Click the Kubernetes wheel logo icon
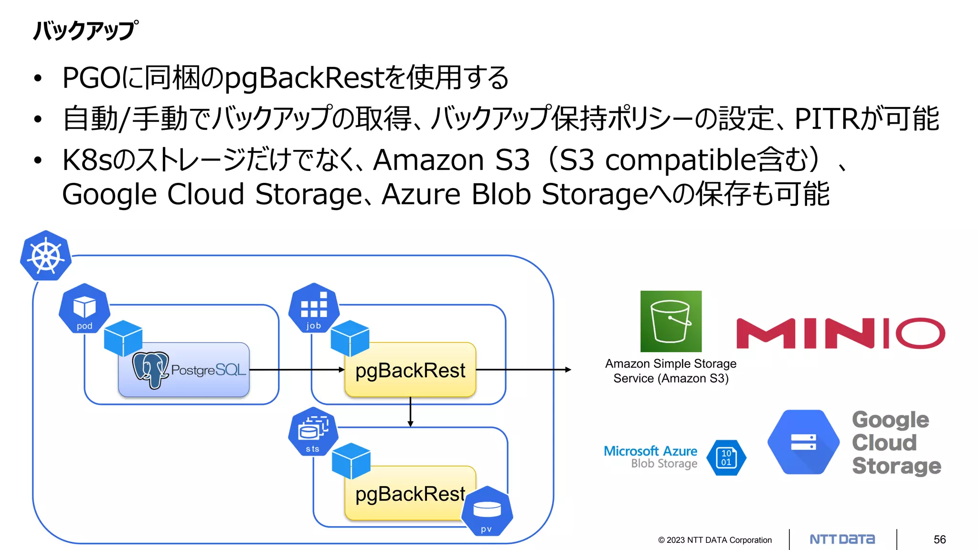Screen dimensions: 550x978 46,256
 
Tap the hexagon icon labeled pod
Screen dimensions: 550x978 84,308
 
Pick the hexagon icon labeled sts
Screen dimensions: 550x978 313,431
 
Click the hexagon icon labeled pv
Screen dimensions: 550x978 487,511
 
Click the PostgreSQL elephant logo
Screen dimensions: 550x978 150,370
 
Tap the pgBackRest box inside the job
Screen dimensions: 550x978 410,370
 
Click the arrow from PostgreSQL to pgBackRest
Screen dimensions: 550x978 296,370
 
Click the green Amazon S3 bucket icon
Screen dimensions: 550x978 670,321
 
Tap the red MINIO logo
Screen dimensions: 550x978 840,333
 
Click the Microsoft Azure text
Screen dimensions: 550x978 650,451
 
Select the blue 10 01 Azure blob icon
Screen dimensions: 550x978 726,458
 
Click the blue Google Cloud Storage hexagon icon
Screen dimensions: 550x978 803,442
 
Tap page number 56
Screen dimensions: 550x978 939,539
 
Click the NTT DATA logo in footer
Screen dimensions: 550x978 842,539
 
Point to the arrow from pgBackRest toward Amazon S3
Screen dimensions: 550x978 523,370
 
